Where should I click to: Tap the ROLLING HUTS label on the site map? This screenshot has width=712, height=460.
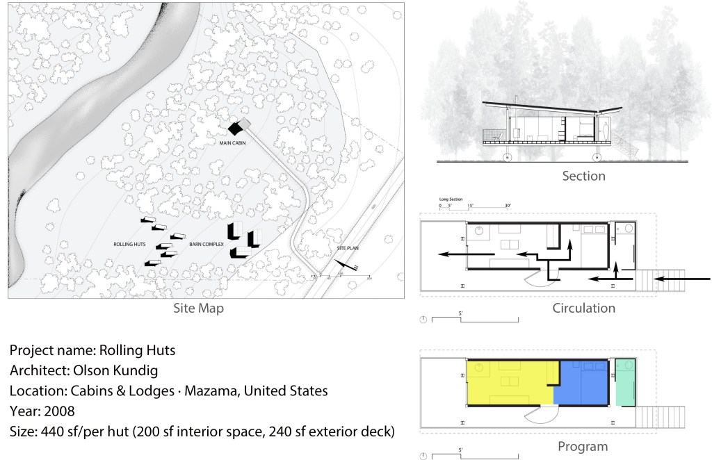(129, 245)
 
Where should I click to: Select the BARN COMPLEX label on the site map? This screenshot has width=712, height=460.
(207, 245)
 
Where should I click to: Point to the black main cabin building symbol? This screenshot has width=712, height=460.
(238, 126)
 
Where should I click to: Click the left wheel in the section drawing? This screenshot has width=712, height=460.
(506, 157)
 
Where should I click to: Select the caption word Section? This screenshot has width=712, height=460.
(583, 176)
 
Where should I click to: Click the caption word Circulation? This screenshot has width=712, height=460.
(583, 308)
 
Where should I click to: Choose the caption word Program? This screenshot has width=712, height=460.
(583, 447)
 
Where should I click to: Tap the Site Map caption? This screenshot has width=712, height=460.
(198, 308)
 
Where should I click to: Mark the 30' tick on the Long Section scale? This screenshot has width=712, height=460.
(508, 206)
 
